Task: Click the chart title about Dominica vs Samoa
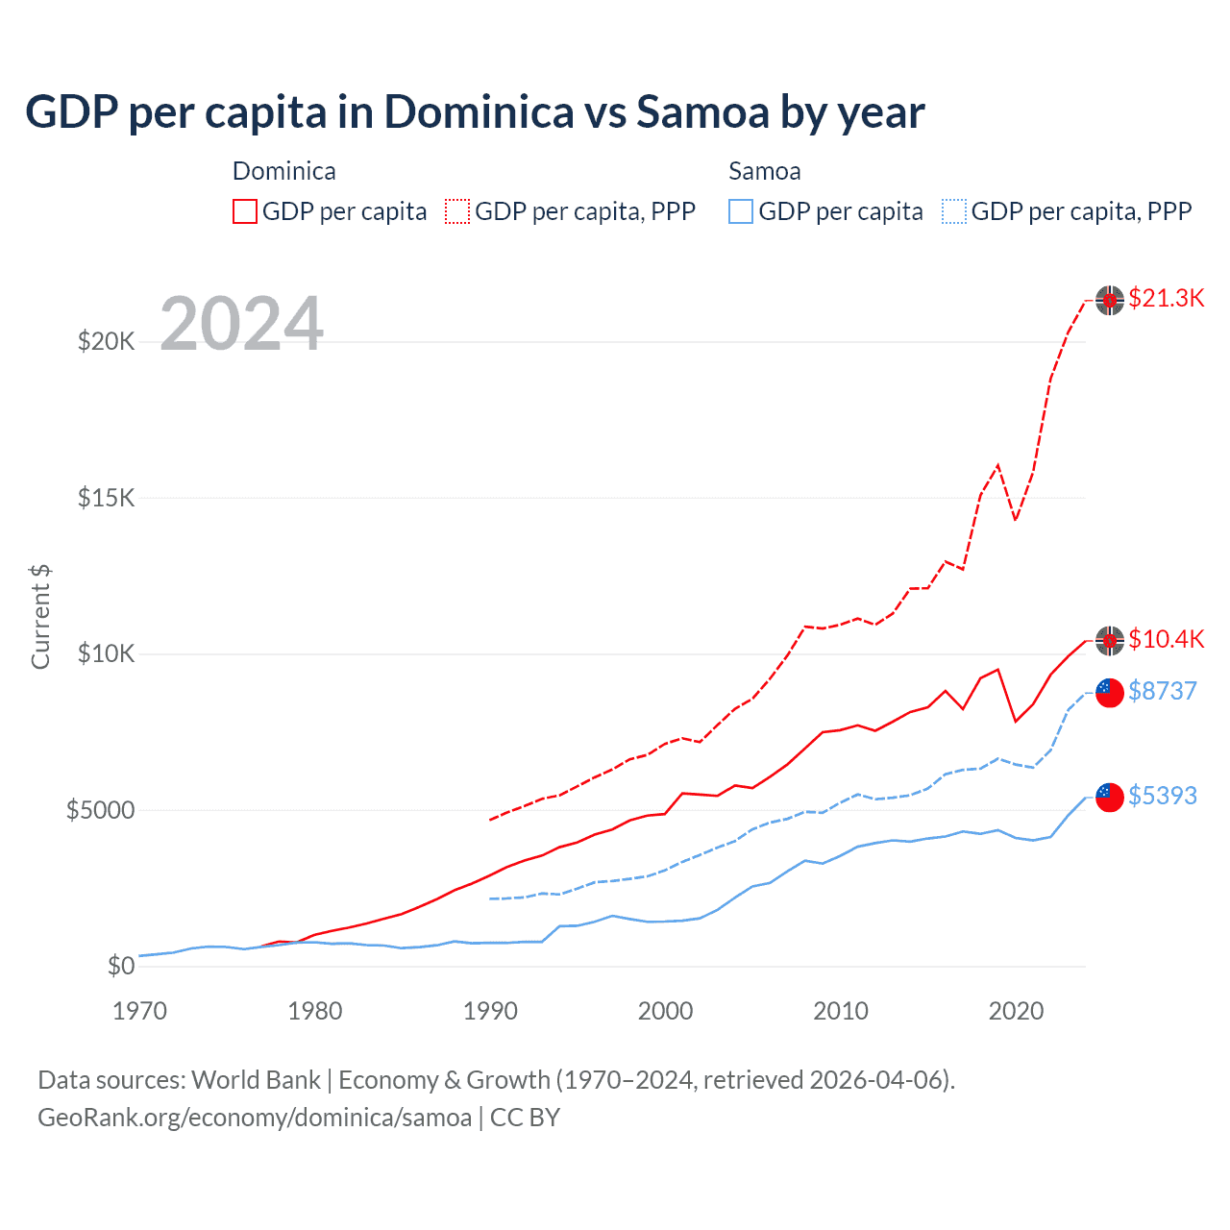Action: pyautogui.click(x=475, y=112)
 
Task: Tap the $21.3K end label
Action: pyautogui.click(x=1166, y=298)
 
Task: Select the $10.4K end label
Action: pyautogui.click(x=1166, y=639)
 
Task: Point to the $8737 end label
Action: pyautogui.click(x=1162, y=691)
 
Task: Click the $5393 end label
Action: pyautogui.click(x=1162, y=796)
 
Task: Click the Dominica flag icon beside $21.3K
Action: pyautogui.click(x=1110, y=300)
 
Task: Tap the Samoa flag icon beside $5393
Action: pyautogui.click(x=1110, y=797)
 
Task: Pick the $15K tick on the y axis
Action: pyautogui.click(x=106, y=498)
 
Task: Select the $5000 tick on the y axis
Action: pyautogui.click(x=100, y=810)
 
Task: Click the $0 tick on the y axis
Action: pyautogui.click(x=120, y=966)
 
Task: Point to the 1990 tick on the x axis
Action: pyautogui.click(x=490, y=1011)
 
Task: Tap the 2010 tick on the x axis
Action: pyautogui.click(x=841, y=1011)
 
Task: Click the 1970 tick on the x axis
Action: pyautogui.click(x=140, y=1011)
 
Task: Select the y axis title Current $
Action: pyautogui.click(x=40, y=617)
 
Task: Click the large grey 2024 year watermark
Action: pyautogui.click(x=241, y=324)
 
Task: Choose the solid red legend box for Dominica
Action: pyautogui.click(x=245, y=211)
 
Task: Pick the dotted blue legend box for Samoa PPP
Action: pyautogui.click(x=954, y=211)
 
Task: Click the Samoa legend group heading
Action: pyautogui.click(x=764, y=171)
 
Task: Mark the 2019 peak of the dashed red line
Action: pyautogui.click(x=998, y=465)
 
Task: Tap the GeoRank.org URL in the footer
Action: pyautogui.click(x=255, y=1118)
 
